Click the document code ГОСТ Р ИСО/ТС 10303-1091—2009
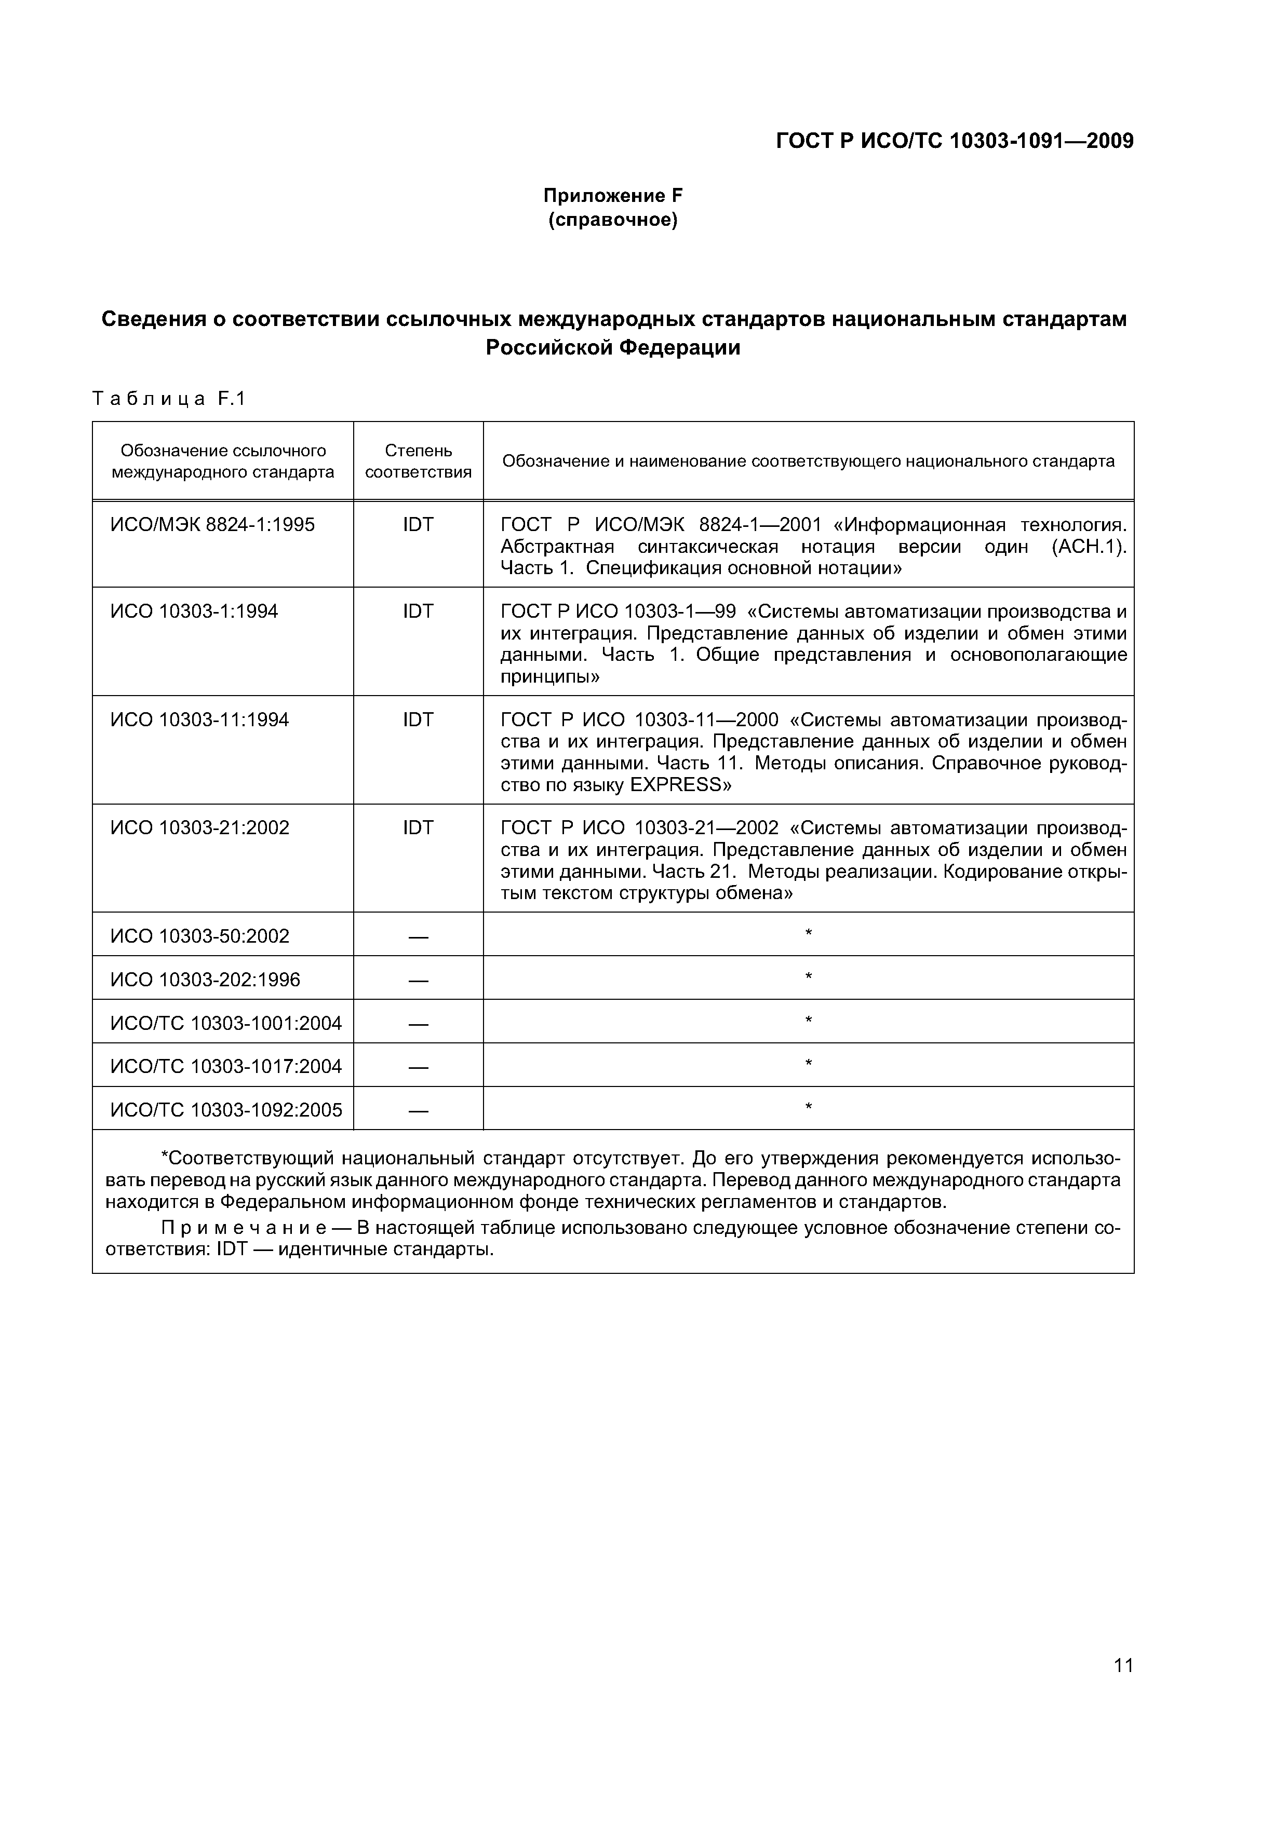coord(954,141)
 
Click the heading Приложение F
coord(613,195)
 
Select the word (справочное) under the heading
coord(613,220)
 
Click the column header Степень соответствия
coord(418,461)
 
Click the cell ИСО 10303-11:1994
coord(199,719)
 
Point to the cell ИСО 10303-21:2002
coord(199,827)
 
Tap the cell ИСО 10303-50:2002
coord(199,936)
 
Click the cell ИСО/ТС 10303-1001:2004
coord(225,1023)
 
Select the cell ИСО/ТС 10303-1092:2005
coord(225,1109)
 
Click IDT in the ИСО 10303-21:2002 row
coord(418,827)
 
